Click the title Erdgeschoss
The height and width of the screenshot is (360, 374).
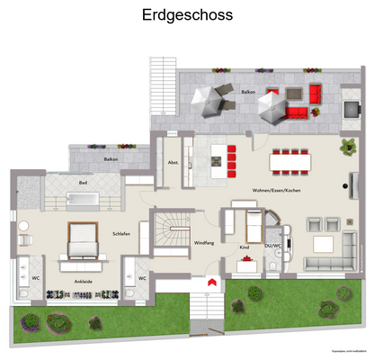pos(187,15)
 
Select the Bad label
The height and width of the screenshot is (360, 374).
pos(83,184)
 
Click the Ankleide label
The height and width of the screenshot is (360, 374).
pos(84,280)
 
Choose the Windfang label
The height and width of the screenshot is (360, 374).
pos(203,243)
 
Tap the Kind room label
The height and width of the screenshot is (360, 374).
pos(244,246)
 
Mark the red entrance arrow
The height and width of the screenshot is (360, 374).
pos(209,283)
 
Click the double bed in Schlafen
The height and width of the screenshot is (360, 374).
pos(81,237)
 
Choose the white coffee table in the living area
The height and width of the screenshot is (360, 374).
pos(322,244)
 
